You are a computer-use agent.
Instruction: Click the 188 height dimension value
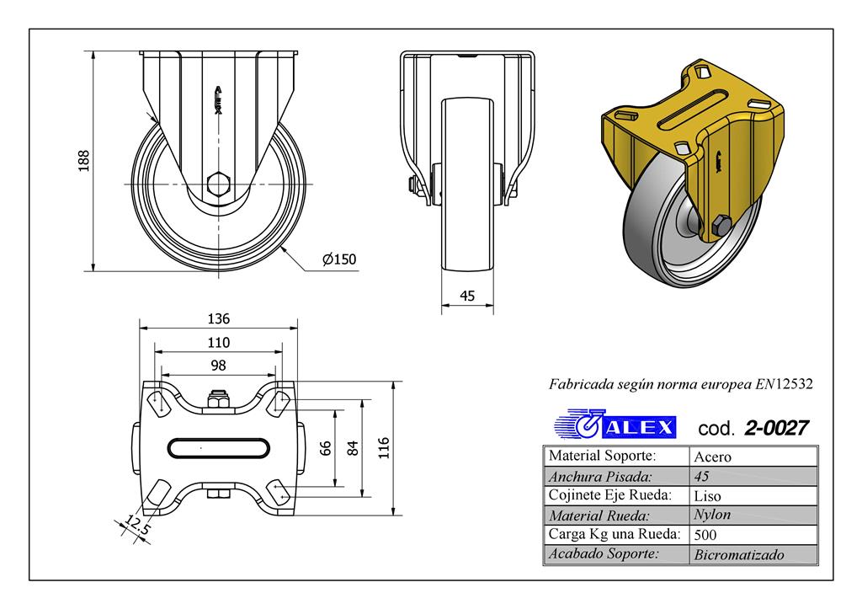click(x=83, y=161)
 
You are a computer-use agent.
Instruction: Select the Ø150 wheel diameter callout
click(x=340, y=259)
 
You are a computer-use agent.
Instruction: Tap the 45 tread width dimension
click(x=468, y=296)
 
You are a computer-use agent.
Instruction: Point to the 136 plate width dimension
click(x=218, y=319)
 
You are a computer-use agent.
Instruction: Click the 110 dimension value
click(x=218, y=342)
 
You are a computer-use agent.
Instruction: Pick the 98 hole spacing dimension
click(x=218, y=365)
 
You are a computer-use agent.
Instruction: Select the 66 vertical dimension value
click(x=325, y=448)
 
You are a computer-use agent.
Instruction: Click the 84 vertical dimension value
click(x=353, y=448)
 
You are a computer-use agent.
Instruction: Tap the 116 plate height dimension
click(x=384, y=446)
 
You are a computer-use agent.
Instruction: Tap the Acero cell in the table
click(x=711, y=457)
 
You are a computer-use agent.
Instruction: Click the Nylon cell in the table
click(x=711, y=515)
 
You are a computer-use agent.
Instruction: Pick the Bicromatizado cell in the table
click(x=739, y=554)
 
